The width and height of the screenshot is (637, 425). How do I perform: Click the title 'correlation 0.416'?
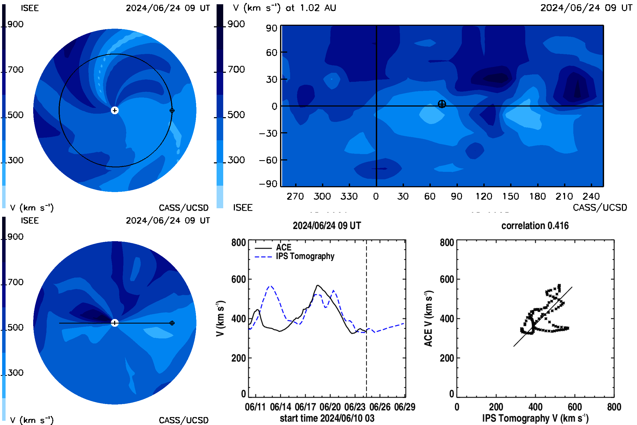[535, 226]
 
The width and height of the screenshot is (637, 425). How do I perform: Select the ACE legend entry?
[273, 248]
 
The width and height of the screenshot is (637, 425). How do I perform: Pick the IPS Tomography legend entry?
[294, 256]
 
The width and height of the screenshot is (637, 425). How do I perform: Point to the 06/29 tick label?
[404, 407]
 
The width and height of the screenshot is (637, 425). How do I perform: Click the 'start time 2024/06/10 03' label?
[327, 418]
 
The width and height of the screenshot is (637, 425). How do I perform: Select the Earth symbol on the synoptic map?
[442, 104]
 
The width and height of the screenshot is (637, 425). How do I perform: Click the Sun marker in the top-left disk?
[115, 110]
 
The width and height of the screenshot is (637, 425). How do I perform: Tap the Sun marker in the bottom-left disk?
[115, 323]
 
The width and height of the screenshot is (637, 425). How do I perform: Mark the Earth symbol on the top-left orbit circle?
[172, 110]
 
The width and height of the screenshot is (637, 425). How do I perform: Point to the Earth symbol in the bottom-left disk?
[172, 323]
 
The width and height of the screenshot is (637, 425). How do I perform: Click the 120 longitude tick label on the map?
[484, 196]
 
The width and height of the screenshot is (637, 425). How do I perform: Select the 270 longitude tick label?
[295, 196]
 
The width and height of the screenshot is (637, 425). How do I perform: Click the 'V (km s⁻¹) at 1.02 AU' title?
[284, 8]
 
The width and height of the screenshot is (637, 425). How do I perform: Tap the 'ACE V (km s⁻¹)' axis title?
[428, 318]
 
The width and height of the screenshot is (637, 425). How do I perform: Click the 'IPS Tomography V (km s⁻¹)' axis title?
[535, 418]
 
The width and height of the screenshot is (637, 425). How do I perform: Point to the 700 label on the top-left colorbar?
[15, 70]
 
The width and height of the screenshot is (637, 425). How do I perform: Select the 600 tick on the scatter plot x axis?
[575, 407]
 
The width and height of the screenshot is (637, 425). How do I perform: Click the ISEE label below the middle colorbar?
[243, 208]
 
